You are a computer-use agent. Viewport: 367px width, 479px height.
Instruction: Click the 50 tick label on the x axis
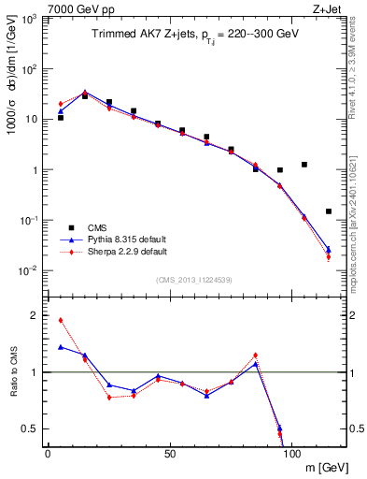tap(170, 453)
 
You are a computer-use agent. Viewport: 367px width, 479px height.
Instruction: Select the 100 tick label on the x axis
tap(291, 453)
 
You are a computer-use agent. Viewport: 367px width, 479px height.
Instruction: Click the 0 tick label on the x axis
tap(48, 453)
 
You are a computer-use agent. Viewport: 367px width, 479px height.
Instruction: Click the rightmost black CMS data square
tap(329, 211)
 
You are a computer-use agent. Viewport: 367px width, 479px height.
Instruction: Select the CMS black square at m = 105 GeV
tap(304, 165)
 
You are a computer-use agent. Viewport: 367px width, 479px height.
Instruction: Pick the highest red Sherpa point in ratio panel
tap(61, 320)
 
